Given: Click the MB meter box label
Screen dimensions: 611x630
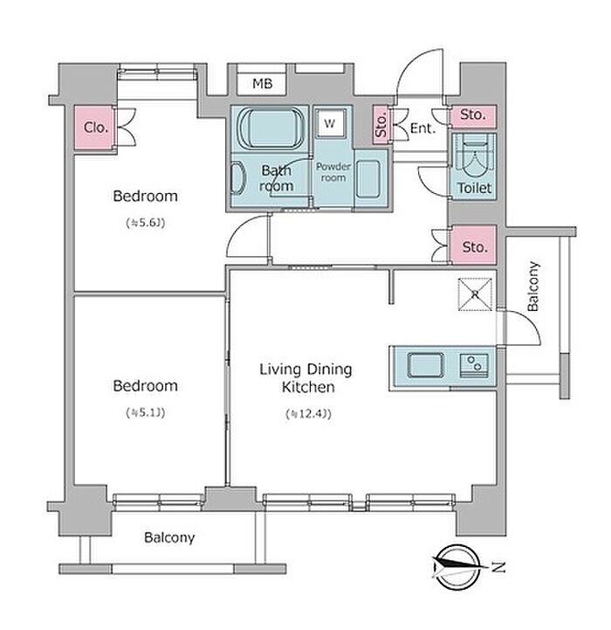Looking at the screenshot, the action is point(262,84).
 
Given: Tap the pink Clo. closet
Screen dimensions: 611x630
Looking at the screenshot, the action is point(95,128).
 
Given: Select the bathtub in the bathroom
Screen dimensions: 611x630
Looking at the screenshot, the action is point(271,128).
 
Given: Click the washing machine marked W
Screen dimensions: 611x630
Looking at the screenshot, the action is point(330,124).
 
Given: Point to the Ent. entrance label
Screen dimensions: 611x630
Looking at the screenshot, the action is point(422,128).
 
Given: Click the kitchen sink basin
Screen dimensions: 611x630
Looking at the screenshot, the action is point(426,365).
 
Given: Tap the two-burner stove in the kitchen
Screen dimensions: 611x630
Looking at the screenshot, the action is point(474,365).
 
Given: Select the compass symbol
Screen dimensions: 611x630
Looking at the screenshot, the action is point(457,566).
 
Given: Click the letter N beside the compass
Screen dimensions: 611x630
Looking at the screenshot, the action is point(499,567).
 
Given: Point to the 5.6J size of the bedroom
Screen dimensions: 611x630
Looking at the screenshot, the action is point(146,223).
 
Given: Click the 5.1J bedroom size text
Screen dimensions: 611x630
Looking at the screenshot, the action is point(146,412).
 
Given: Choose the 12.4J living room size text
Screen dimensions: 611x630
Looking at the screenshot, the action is point(308,414).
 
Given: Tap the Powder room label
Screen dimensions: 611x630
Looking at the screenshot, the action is point(333,172).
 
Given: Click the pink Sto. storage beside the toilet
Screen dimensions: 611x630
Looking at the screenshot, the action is point(473,115).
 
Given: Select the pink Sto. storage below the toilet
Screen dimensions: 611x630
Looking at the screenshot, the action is point(475,245).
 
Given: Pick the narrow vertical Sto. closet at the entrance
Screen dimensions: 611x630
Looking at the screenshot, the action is point(381,125).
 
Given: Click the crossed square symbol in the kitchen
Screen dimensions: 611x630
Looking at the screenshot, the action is point(476,294).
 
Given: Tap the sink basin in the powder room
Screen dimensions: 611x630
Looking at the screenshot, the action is point(367,179).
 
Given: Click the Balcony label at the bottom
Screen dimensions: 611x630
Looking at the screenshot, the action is point(169,537).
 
